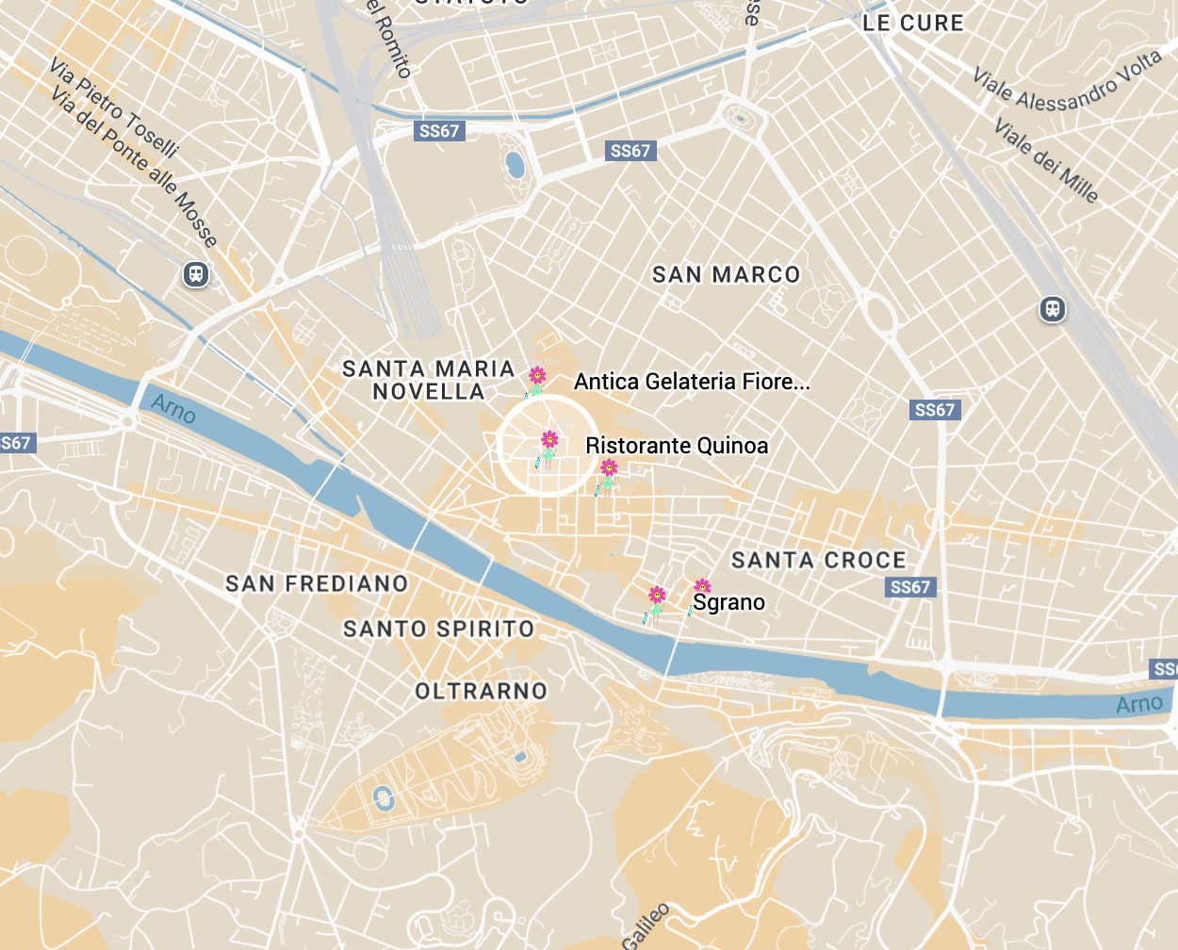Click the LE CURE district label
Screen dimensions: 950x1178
(913, 24)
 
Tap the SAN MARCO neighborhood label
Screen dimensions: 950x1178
(726, 275)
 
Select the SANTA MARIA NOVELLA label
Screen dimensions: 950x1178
(429, 381)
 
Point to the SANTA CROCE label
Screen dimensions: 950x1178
(818, 561)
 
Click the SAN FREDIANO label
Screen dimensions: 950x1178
(317, 584)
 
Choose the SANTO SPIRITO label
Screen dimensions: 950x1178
(438, 629)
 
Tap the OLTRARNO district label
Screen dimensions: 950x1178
(481, 692)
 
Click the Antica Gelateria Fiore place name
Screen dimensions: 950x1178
(692, 382)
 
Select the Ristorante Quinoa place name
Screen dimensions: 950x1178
(677, 446)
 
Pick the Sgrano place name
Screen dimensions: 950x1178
(728, 603)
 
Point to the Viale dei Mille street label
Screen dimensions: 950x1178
(1046, 159)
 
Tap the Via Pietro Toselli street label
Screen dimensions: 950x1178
(114, 107)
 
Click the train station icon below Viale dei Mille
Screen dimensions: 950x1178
(1053, 309)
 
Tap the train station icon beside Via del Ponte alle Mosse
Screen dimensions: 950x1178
(195, 274)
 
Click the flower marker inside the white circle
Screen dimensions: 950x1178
(548, 440)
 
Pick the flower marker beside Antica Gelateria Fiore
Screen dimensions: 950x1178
(536, 377)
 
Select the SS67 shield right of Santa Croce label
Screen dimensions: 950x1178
(910, 587)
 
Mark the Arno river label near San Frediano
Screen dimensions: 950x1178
(173, 408)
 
